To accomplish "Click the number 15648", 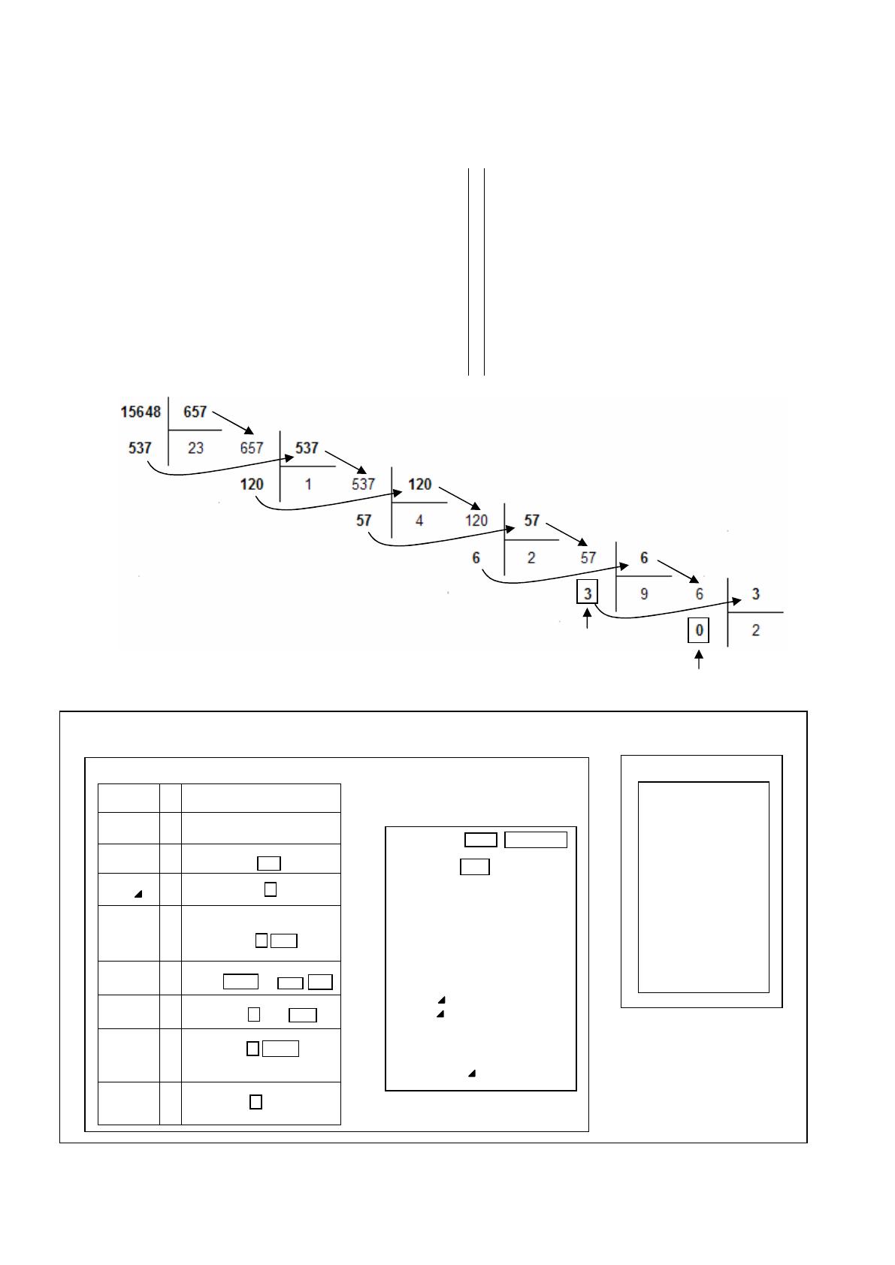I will click(141, 412).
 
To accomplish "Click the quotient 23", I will click(195, 448).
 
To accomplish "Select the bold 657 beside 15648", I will click(195, 412).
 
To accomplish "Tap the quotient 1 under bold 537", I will click(308, 485).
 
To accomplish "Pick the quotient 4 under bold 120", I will click(419, 521).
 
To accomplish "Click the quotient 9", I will click(644, 594).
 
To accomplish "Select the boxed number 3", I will click(588, 593).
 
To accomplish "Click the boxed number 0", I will click(699, 630).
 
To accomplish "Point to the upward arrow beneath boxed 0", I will click(699, 659).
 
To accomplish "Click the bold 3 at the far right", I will click(755, 594).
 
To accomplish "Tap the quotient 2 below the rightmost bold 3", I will click(755, 630).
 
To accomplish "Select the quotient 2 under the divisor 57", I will click(531, 557).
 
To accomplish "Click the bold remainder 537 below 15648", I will click(140, 448).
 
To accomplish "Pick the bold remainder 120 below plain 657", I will click(252, 485).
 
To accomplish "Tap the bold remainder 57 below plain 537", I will click(364, 521).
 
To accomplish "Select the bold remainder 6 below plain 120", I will click(476, 557).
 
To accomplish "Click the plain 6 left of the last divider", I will click(700, 594).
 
